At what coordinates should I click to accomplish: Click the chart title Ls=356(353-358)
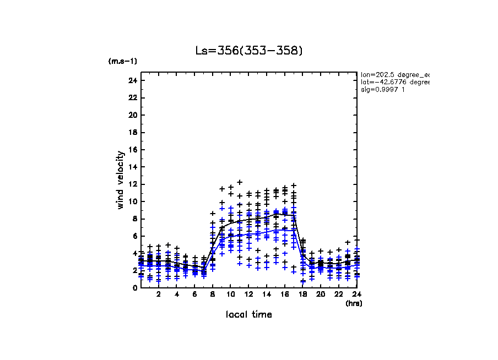coord(249,51)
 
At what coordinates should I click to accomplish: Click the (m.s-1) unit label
coord(123,61)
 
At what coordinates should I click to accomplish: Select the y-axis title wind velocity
coord(121,180)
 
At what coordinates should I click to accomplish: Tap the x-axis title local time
coord(249,314)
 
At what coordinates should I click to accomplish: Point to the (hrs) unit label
coord(354,303)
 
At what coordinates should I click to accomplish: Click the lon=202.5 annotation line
coord(394,74)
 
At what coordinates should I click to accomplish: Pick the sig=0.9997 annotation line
coord(383,90)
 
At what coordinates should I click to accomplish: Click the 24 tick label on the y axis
coord(133,80)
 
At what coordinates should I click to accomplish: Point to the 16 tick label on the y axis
coord(133,150)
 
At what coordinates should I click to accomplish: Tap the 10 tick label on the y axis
coord(133,201)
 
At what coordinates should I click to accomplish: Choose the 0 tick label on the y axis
coord(135,287)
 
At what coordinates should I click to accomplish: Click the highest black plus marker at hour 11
coord(240,182)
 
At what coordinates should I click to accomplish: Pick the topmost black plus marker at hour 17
coord(294,186)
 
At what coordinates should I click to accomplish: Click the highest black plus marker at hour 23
coord(348,242)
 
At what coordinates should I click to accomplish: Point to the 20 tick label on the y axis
coord(133,115)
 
